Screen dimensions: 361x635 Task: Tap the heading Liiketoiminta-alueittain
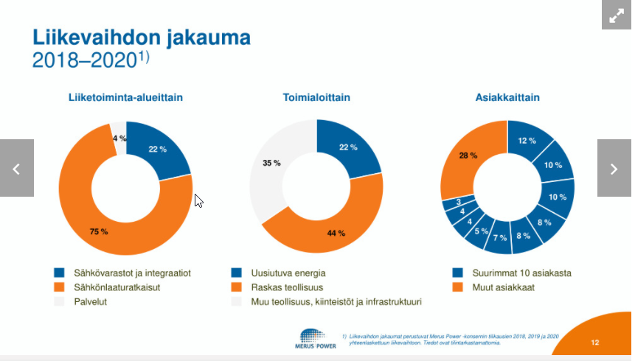point(125,97)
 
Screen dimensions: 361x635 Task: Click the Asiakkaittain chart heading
point(507,97)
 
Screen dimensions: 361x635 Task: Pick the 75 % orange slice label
point(99,231)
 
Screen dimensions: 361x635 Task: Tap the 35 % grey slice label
point(271,163)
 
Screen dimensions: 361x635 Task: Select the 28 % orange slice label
point(468,155)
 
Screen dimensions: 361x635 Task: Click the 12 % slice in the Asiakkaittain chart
point(527,141)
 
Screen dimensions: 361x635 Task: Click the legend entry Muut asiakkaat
point(504,287)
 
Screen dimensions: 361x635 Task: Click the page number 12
point(595,343)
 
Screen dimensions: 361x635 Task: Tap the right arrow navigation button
point(614,169)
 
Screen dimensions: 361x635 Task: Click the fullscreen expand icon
point(617,15)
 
